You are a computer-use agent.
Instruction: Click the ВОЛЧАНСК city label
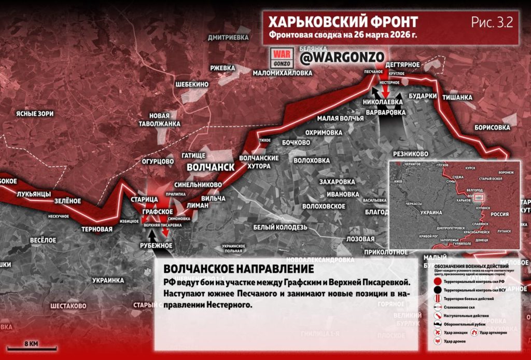(209, 168)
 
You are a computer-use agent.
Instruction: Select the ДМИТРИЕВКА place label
(228, 37)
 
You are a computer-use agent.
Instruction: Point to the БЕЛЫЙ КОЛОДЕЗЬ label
(280, 227)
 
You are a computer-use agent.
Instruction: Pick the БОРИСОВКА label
(492, 127)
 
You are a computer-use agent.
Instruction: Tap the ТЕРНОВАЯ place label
(97, 229)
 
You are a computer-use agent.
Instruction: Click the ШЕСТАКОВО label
(68, 306)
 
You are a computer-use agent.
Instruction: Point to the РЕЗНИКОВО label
(411, 154)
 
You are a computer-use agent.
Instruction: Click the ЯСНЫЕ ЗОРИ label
(35, 114)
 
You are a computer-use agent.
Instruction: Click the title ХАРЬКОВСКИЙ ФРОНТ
(343, 22)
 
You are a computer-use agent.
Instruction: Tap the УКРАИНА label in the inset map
(431, 213)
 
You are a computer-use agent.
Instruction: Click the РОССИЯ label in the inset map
(500, 214)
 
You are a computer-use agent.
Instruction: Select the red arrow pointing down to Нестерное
(385, 89)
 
